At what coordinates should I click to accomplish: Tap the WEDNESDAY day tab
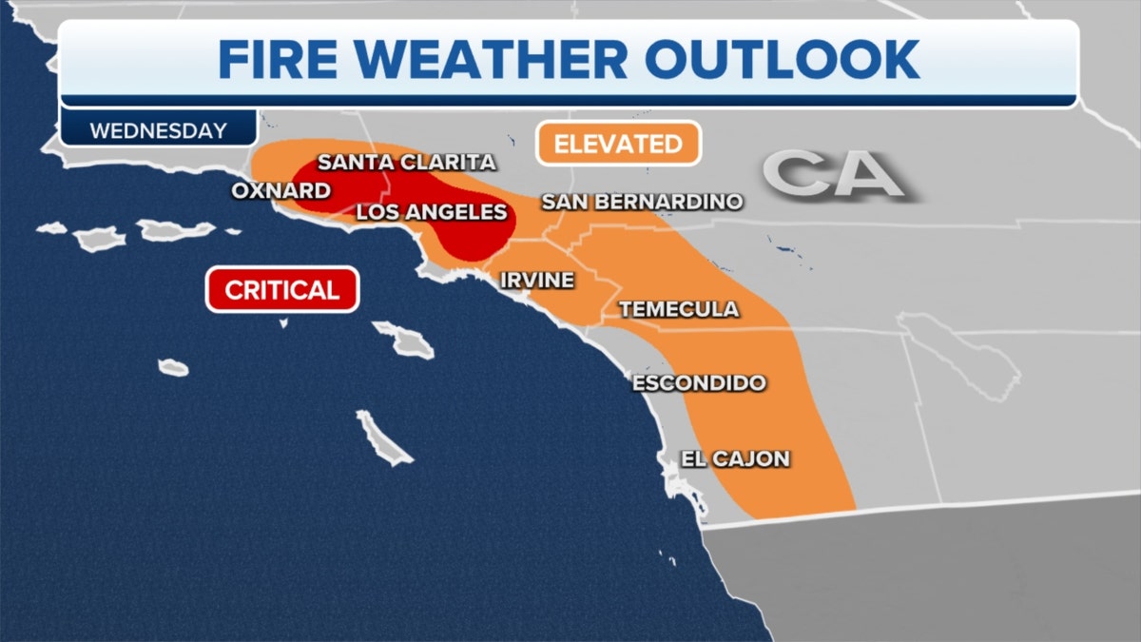pos(158,130)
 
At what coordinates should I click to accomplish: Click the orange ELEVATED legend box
pos(618,144)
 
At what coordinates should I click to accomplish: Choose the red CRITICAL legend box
pos(281,289)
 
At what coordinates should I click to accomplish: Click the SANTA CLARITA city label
pos(406,163)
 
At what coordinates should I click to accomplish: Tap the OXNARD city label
pos(280,191)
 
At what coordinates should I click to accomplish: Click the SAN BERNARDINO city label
pos(641,201)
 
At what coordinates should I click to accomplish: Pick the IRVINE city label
pos(537,280)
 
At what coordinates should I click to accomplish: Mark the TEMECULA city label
pos(678,309)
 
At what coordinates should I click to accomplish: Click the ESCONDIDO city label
pos(698,382)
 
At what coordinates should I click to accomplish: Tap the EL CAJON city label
pos(735,458)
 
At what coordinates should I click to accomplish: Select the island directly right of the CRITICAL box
pos(404,339)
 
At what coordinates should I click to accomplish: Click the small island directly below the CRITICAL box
pos(283,323)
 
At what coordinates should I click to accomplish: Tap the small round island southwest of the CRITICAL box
pos(172,366)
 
